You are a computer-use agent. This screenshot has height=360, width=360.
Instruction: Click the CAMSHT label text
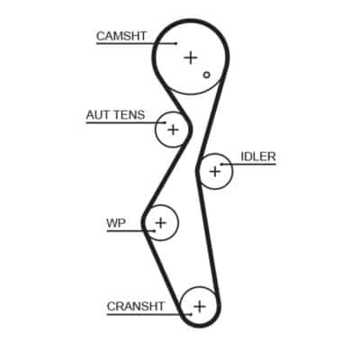click(121, 36)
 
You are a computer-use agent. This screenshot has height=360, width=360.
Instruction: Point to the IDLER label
click(258, 157)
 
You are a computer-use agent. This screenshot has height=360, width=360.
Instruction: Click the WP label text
click(116, 223)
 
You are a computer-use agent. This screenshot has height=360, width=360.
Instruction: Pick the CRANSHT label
click(136, 307)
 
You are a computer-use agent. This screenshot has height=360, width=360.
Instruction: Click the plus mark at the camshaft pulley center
click(191, 58)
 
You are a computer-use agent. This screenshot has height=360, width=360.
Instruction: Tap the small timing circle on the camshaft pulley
click(206, 75)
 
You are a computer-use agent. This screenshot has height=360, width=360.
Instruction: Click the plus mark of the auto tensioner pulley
click(173, 130)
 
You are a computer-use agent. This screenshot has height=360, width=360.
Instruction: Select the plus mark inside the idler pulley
click(215, 172)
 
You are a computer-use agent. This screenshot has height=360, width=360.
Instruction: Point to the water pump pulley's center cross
click(161, 223)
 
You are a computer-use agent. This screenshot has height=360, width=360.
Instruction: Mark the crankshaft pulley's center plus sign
click(200, 307)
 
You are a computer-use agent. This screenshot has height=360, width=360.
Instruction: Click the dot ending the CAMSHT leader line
click(175, 44)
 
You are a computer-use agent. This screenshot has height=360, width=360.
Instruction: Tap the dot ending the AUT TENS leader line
click(165, 122)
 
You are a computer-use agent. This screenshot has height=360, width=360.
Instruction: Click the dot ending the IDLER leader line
click(221, 165)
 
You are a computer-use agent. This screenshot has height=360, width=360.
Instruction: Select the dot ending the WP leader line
click(154, 231)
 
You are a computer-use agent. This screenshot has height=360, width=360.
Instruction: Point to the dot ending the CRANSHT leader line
click(191, 315)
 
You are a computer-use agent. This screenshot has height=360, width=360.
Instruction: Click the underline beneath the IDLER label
click(248, 165)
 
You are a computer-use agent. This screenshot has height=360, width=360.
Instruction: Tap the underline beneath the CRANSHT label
click(148, 315)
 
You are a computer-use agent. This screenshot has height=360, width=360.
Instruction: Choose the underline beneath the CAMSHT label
click(136, 44)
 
